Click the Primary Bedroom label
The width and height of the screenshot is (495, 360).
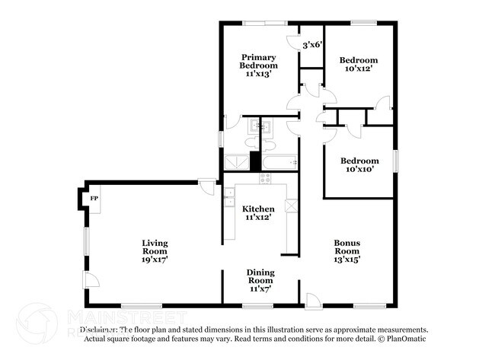[258, 65]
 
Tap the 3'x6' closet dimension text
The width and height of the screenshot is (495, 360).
[313, 45]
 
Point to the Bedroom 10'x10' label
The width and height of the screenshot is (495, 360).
[359, 165]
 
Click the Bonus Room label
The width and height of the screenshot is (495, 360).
[346, 250]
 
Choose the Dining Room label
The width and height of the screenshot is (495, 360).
[260, 279]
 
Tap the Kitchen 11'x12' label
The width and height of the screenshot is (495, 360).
[258, 212]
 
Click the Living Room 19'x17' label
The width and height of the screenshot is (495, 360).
[155, 250]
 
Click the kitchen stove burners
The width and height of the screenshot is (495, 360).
[265, 178]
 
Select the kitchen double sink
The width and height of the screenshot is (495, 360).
[228, 202]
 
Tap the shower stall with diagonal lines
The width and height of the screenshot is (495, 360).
[235, 161]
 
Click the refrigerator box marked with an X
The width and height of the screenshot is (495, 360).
[290, 205]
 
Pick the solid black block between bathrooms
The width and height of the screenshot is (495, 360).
[255, 161]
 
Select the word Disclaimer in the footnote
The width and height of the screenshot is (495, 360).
[99, 330]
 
